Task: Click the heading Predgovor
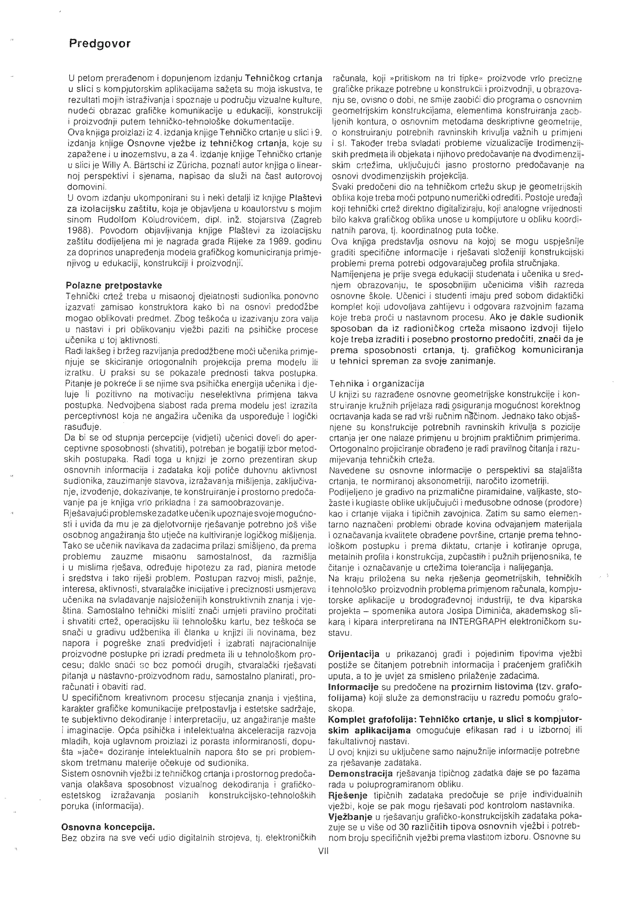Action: point(100,43)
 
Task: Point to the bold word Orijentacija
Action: point(353,654)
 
